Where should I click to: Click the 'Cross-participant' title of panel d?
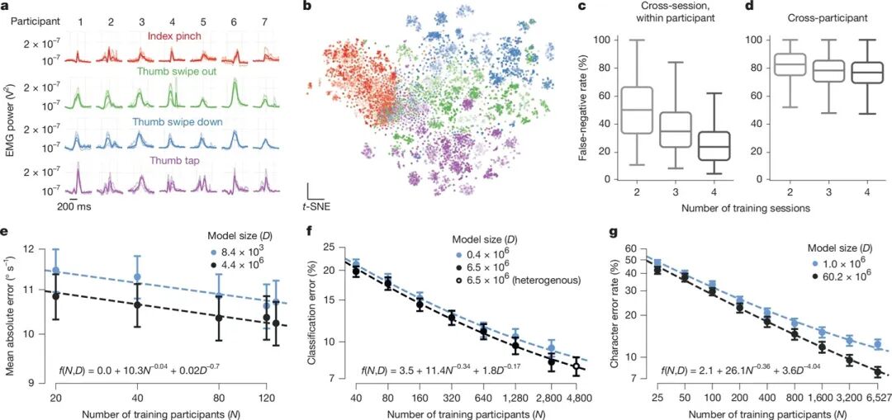[797, 15]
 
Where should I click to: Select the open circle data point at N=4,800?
[576, 366]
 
